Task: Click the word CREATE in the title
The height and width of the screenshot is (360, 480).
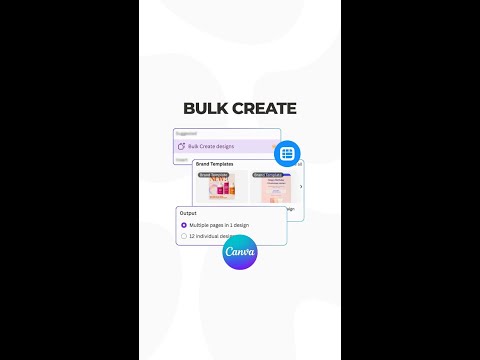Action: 264,108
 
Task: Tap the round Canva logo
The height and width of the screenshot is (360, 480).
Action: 240,251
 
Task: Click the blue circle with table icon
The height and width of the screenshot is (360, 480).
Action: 287,153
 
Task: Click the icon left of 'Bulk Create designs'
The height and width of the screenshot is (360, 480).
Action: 180,146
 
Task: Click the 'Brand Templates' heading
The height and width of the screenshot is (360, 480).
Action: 215,164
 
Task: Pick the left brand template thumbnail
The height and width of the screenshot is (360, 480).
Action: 221,187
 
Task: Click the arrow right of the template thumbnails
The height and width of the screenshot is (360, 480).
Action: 301,186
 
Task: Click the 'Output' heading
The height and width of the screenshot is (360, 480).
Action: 188,213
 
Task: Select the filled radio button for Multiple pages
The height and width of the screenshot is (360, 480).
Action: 183,225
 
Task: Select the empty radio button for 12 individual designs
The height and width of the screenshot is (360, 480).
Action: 183,236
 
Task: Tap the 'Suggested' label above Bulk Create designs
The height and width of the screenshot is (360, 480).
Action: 186,133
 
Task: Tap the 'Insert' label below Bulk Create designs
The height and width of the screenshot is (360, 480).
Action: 182,159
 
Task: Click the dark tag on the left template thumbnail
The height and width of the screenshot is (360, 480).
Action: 213,174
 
